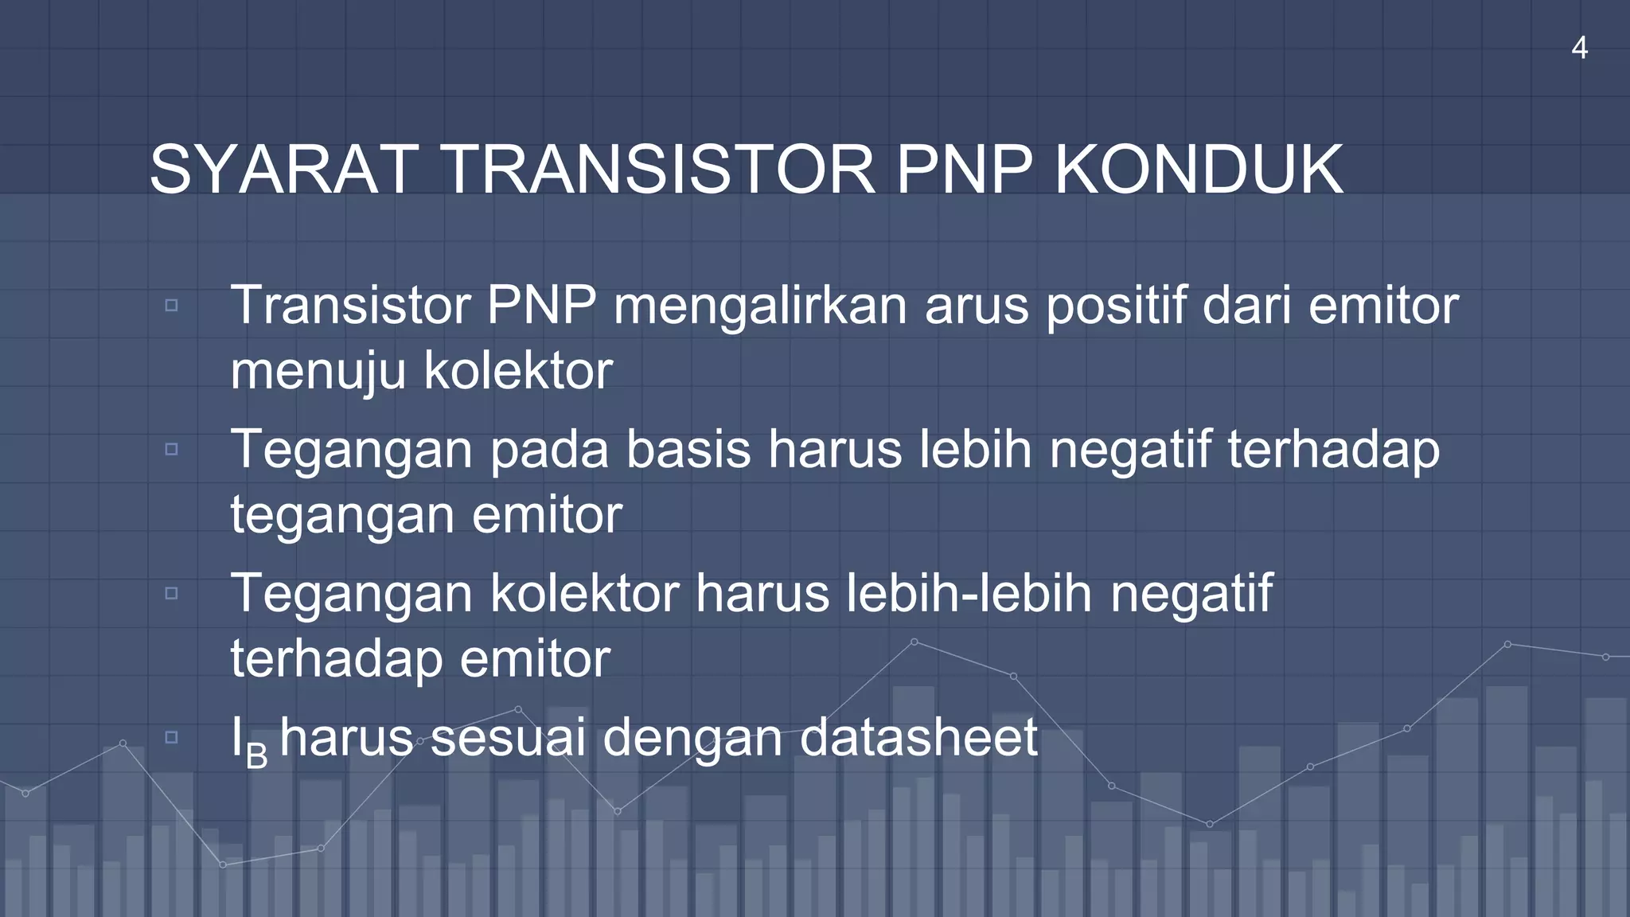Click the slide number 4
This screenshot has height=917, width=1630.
tap(1579, 49)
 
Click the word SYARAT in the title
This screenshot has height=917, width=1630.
tap(283, 170)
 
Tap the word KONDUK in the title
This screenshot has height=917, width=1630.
tap(1199, 170)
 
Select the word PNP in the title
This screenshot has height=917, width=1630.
tap(964, 170)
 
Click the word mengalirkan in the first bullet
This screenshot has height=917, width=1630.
tap(759, 306)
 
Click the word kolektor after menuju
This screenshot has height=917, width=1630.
tap(518, 371)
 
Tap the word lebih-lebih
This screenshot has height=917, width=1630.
tap(969, 594)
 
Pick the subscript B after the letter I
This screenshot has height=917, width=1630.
tap(256, 756)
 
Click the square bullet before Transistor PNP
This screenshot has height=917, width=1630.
tap(171, 306)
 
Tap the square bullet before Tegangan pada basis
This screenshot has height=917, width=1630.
tap(171, 450)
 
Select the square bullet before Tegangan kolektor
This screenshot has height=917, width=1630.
tap(171, 594)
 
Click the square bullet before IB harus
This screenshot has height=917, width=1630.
tap(171, 738)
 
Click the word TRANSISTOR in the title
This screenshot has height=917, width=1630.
tap(657, 170)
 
